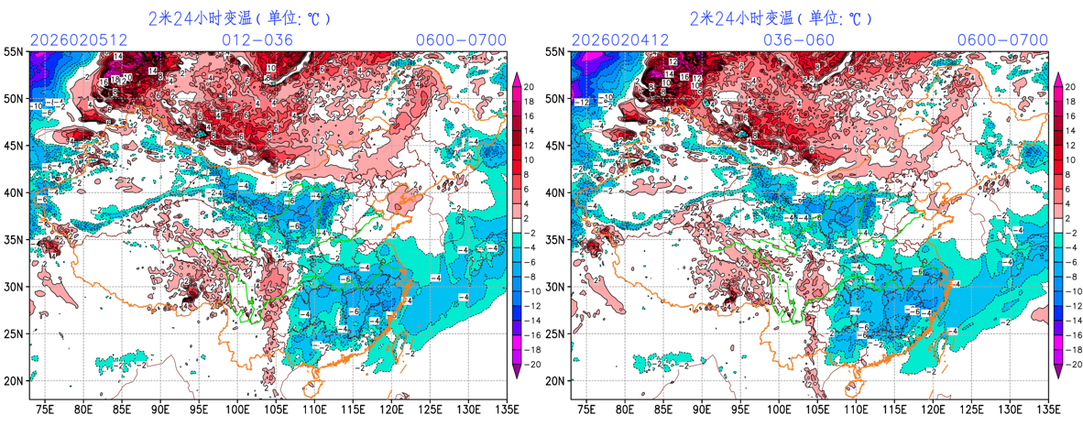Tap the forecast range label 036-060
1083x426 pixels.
click(x=800, y=40)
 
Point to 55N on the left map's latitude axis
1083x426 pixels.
click(x=14, y=52)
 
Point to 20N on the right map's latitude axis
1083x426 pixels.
click(x=555, y=381)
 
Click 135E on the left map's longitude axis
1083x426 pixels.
click(x=507, y=409)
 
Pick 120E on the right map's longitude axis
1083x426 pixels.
click(x=933, y=409)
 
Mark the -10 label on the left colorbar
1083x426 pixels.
click(x=531, y=293)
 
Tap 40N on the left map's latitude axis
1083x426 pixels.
click(x=14, y=193)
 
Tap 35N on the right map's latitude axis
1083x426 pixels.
click(x=555, y=240)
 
